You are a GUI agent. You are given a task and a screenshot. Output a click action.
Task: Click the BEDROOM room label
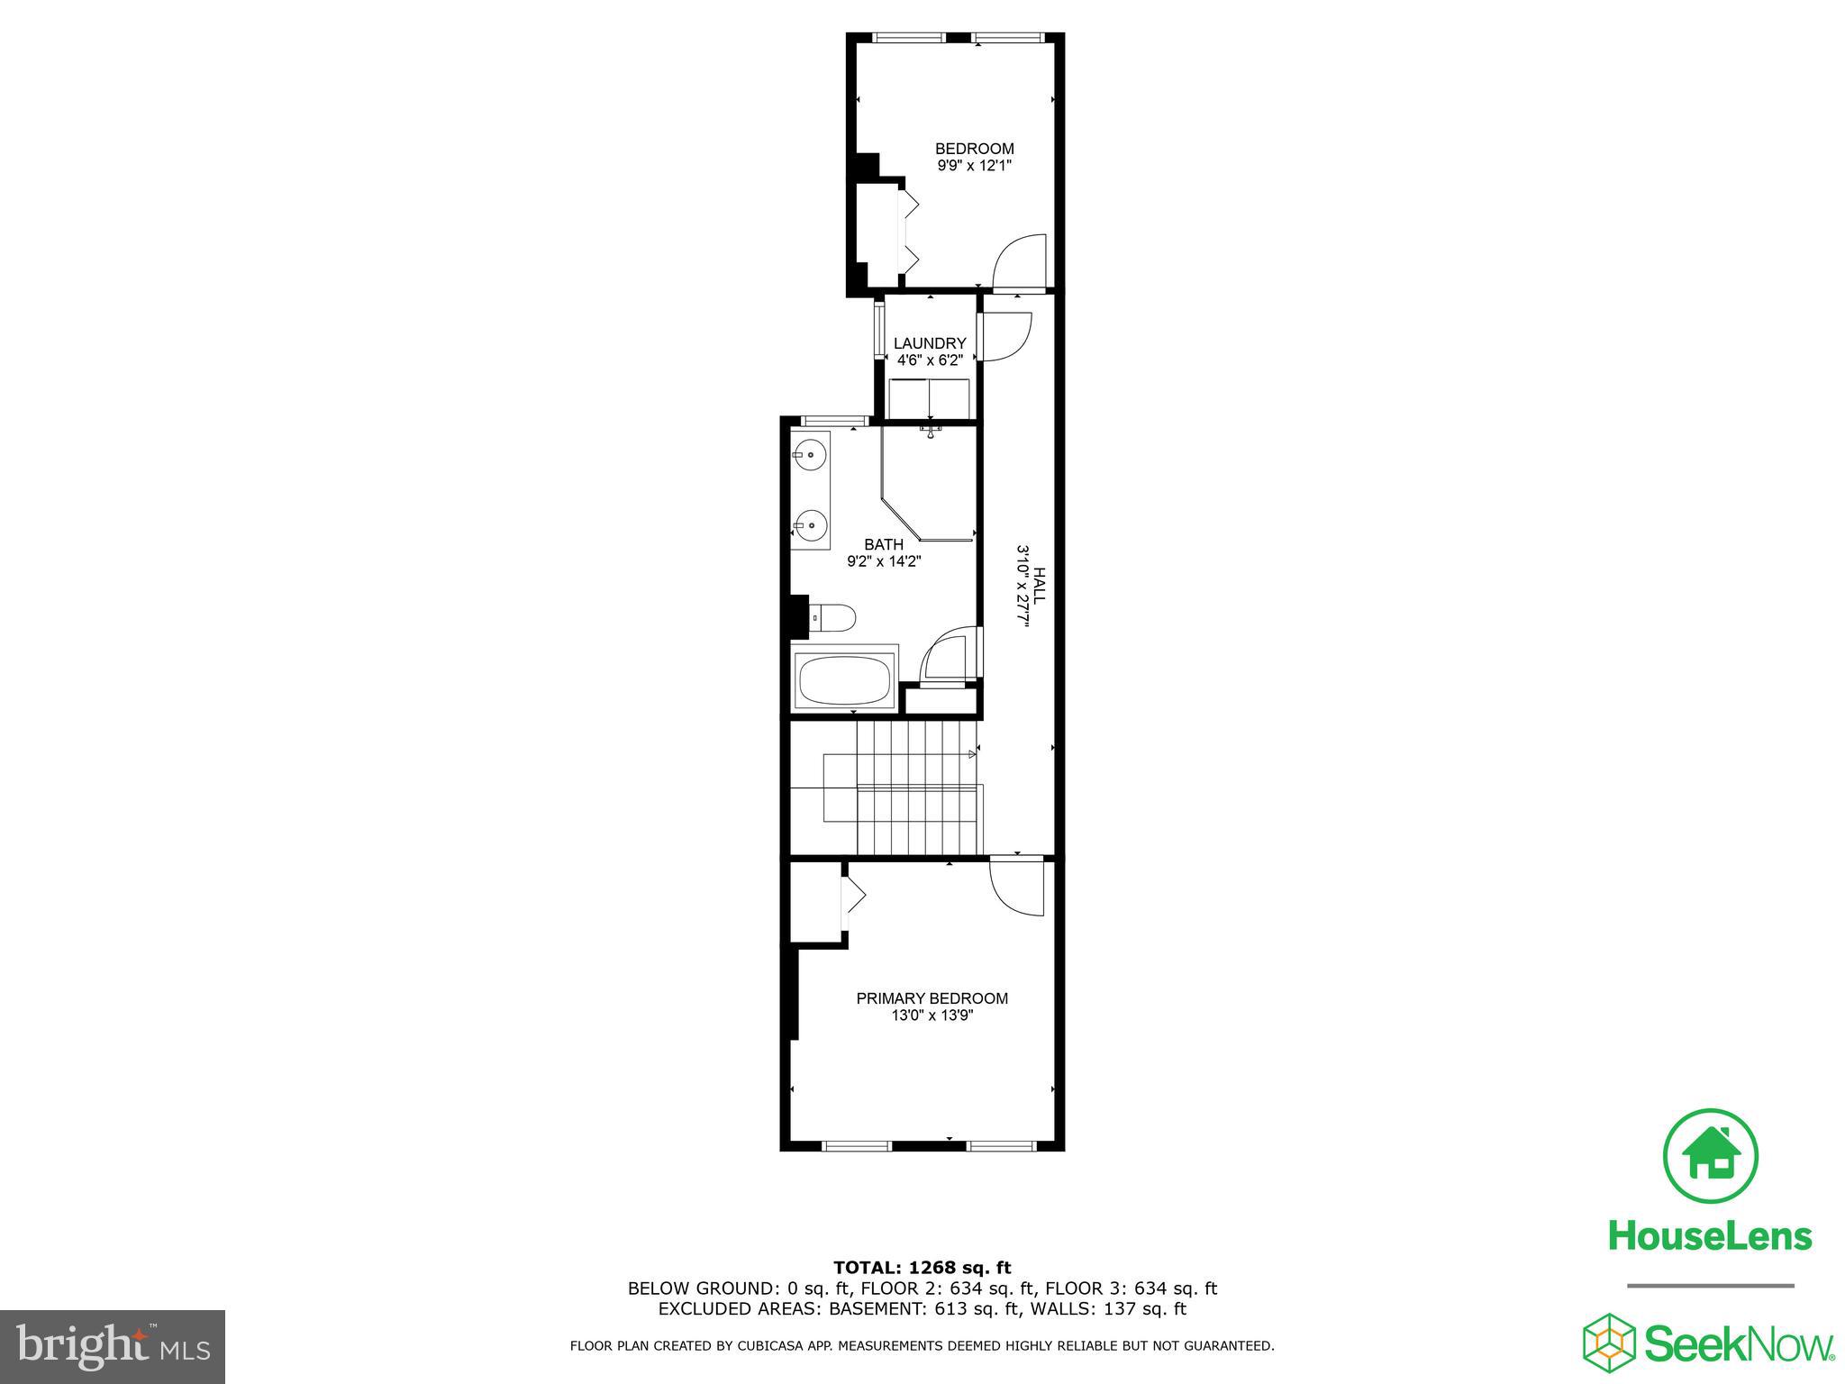(x=974, y=149)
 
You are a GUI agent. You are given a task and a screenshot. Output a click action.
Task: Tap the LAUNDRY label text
(x=930, y=343)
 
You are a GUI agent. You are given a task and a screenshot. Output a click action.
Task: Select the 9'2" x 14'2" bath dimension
(x=884, y=561)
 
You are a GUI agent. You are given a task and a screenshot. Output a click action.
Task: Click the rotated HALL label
(x=1040, y=586)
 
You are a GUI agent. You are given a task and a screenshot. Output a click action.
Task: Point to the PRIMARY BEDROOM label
(x=932, y=998)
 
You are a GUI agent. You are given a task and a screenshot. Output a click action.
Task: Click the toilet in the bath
(x=835, y=618)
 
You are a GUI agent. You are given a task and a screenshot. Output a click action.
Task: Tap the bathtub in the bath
(x=845, y=680)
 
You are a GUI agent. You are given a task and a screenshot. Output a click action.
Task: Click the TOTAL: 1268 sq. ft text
(x=922, y=1268)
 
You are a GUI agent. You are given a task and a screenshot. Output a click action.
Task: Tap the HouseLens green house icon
(x=1709, y=1156)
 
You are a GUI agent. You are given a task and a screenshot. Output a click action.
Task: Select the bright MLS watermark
(x=113, y=1347)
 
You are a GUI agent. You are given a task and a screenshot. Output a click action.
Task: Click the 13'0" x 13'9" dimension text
(x=932, y=1015)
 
